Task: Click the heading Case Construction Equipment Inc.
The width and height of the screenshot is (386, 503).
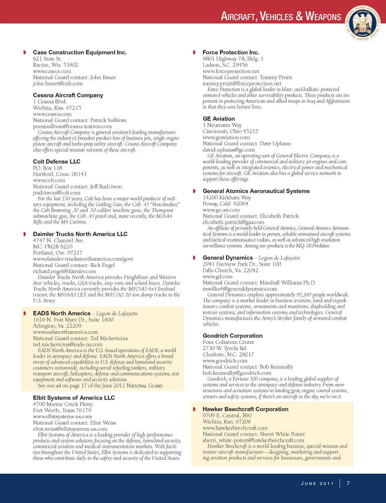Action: click(x=80, y=52)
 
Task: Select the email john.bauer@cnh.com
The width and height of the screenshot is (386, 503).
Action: click(x=57, y=84)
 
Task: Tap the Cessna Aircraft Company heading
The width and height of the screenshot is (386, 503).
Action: click(x=68, y=95)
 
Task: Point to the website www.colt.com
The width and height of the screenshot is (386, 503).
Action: click(x=49, y=181)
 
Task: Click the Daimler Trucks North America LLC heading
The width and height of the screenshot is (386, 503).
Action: click(x=80, y=234)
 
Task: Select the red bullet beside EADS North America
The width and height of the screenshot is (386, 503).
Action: click(x=25, y=314)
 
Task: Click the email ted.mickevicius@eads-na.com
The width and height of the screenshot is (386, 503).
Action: click(x=68, y=345)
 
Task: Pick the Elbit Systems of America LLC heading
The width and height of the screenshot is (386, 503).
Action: click(x=74, y=398)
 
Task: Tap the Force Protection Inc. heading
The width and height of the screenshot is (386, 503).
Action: click(x=231, y=52)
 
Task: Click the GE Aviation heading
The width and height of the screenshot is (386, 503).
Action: click(x=219, y=119)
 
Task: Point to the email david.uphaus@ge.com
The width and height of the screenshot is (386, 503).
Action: click(x=228, y=150)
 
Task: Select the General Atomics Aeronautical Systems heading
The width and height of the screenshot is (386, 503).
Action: click(x=256, y=191)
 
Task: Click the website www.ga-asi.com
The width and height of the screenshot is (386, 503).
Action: click(x=221, y=210)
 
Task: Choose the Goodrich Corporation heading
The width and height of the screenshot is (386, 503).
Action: click(x=232, y=336)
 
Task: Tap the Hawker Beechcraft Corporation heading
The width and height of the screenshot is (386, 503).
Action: click(x=245, y=409)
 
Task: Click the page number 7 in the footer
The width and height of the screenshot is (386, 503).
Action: click(x=348, y=483)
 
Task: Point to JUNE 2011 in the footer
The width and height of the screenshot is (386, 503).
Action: click(x=317, y=484)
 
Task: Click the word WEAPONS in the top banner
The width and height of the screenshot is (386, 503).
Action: click(x=323, y=16)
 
